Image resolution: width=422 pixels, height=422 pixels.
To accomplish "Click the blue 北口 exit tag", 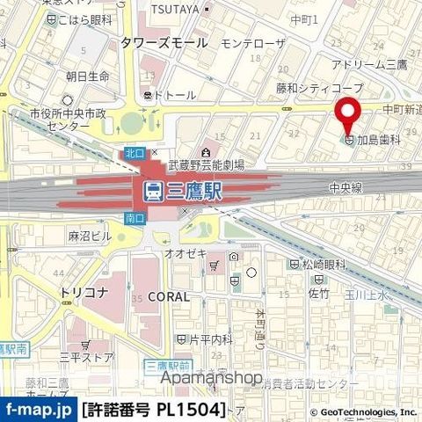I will coord(135,153).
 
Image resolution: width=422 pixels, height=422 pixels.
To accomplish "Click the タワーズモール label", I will coord(164,42).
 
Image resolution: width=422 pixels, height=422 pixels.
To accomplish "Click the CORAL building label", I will coord(167,297).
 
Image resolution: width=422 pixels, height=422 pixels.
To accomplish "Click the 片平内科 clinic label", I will coord(209,338).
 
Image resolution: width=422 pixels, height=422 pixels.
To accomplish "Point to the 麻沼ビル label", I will coord(89,236).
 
